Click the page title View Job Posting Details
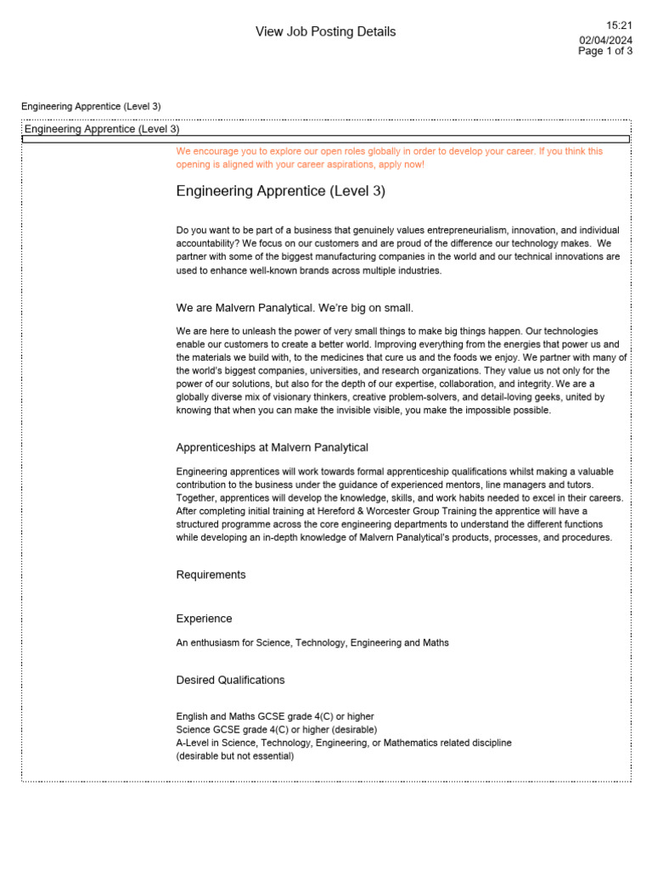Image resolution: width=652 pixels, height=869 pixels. pos(325,32)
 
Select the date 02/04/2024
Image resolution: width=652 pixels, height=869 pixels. pos(606,40)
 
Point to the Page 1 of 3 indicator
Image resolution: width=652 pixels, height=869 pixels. pos(605,51)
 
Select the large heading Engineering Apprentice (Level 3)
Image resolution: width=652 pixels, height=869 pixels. pos(280,192)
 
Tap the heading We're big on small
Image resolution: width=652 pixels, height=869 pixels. pos(369,307)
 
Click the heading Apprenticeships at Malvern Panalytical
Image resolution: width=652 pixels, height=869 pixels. pos(272,447)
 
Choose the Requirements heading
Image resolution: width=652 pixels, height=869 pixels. pos(211,575)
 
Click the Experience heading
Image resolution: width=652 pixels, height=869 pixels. pos(204,619)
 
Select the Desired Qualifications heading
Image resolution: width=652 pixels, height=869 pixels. pos(230,681)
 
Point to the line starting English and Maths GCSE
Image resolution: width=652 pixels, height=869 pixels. pos(274,717)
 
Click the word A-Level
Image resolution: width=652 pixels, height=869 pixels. pos(194,743)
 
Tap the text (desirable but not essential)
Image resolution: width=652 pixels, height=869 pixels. pos(234,756)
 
